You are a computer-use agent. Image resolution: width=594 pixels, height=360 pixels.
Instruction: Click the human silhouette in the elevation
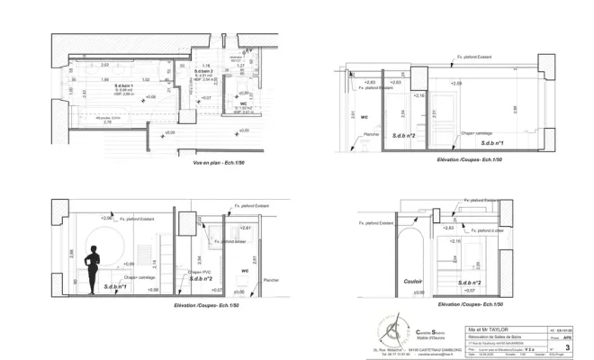pos(91,269)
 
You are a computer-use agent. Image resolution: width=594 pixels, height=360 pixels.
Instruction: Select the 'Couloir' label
pos(413,280)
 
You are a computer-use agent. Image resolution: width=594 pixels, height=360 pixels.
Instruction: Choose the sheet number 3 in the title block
pos(567,346)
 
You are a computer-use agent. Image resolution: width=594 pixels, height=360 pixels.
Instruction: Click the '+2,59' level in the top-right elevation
pos(456,83)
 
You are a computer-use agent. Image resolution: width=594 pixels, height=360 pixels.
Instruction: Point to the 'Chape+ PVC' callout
pos(199,272)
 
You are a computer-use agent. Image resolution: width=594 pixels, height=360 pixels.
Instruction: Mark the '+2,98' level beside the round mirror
pos(107,218)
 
